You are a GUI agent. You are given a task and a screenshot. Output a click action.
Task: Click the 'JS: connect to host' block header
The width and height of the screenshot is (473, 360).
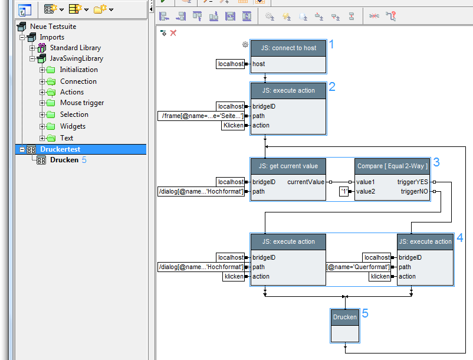point(288,48)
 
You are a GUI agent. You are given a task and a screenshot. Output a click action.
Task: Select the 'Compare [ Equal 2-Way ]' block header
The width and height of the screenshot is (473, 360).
point(392,166)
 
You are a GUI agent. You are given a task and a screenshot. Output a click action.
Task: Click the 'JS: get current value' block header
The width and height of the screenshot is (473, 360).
point(288,166)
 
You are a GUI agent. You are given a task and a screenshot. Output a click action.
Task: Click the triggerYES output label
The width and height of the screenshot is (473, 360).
point(414,182)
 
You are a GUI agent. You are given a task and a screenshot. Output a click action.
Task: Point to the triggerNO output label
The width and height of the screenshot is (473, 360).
point(414,191)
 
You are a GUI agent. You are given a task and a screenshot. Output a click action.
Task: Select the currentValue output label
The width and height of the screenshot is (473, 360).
point(306,182)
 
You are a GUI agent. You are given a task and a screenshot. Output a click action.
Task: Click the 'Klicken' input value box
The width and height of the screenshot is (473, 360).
point(233,125)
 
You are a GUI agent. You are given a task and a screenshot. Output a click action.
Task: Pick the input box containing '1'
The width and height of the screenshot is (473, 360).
point(344,191)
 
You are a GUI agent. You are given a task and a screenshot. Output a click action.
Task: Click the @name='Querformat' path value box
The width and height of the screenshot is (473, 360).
point(359,267)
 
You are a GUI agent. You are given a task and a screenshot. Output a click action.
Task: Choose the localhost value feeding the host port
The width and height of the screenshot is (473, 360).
point(231,64)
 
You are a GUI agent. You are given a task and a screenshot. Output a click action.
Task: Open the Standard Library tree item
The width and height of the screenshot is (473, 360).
point(75,48)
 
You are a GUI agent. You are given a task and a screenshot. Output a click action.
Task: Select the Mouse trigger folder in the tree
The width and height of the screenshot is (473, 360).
point(82,103)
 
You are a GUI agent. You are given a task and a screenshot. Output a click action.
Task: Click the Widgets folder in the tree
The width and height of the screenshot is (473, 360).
point(73,126)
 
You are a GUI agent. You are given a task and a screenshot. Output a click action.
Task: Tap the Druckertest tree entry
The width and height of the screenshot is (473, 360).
point(60,149)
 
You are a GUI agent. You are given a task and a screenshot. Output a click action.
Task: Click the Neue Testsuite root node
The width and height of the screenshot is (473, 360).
point(53,27)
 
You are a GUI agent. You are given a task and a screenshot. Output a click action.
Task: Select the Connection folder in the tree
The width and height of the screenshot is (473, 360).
point(78,81)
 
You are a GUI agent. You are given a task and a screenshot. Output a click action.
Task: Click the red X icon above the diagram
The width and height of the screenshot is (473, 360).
point(173,33)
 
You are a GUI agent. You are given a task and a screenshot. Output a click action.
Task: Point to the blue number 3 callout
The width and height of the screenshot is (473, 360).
point(436,162)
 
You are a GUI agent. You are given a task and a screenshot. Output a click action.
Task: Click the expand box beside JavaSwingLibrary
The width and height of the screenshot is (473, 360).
point(33,58)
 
